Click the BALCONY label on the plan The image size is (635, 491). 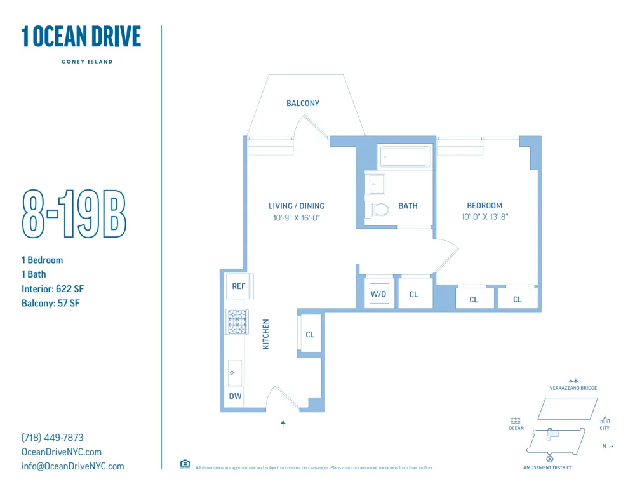[303, 103]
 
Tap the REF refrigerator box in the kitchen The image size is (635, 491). [239, 286]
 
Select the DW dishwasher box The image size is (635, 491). [234, 396]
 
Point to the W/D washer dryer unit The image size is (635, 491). [378, 294]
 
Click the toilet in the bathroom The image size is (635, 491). [378, 209]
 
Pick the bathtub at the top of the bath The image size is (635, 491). [404, 156]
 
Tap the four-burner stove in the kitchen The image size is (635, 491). [237, 321]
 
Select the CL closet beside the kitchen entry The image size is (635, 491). [310, 334]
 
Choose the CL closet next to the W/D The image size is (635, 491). [414, 294]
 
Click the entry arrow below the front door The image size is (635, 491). [283, 425]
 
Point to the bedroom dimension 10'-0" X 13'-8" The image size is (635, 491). [485, 217]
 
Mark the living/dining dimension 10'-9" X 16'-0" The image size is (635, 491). [297, 217]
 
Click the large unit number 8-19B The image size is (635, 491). [74, 213]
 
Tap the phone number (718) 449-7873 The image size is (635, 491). [53, 438]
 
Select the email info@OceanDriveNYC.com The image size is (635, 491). [73, 466]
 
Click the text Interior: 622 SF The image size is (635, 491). [53, 289]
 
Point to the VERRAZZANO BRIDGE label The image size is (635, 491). [573, 388]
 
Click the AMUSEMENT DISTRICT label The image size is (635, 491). [548, 467]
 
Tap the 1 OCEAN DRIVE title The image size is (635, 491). [81, 37]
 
